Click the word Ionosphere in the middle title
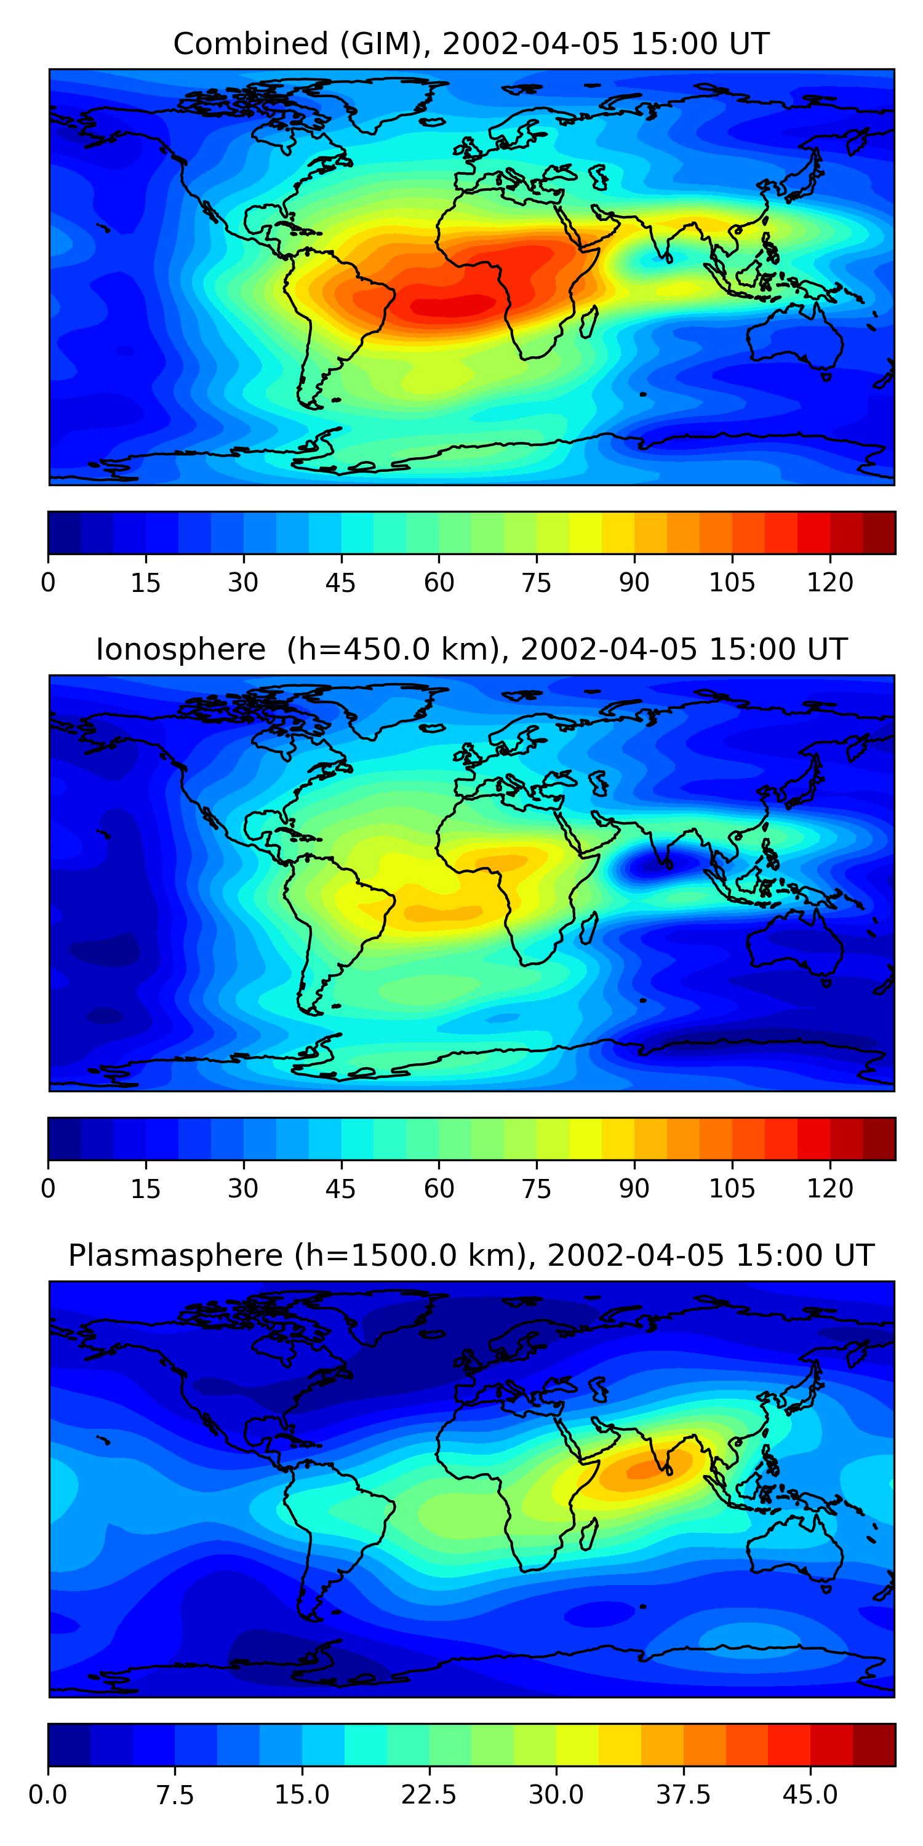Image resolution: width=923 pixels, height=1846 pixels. tap(180, 650)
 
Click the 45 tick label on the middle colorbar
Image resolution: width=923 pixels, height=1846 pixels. tap(340, 1189)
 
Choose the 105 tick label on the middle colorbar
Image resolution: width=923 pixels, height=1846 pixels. tap(732, 1189)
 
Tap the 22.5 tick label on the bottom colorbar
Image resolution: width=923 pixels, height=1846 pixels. tap(428, 1795)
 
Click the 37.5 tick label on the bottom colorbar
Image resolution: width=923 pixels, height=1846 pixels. tap(683, 1795)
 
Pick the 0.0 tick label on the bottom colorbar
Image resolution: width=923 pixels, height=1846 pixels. tap(48, 1795)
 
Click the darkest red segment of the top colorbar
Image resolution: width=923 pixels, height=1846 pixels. tap(879, 533)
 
